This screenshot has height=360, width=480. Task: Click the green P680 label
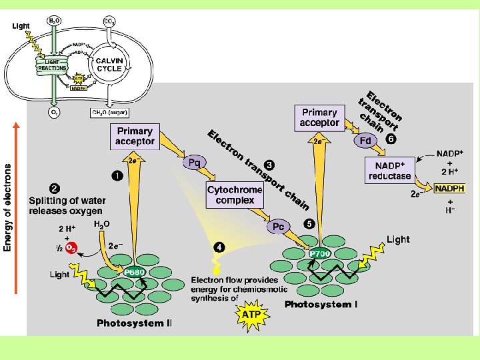coord(134,272)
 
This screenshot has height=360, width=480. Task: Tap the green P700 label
coord(321,254)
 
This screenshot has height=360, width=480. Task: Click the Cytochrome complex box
coord(235,195)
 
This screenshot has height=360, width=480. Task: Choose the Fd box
coord(365,141)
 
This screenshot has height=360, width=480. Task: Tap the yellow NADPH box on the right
coord(449,189)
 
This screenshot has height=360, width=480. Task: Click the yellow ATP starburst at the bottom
coord(251,313)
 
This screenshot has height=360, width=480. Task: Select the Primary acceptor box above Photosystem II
coord(135,136)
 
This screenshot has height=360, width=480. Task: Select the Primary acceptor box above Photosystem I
coord(319,117)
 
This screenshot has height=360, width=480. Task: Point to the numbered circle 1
coord(117,175)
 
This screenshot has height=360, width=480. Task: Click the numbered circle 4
coord(219,247)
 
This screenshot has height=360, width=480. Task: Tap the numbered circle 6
coord(391,139)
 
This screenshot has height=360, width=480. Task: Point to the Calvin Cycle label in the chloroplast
coord(109,64)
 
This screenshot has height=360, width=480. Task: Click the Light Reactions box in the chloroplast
coord(52,65)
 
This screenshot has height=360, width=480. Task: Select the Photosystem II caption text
coord(134,323)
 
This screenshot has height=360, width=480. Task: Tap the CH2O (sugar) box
coord(109,112)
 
